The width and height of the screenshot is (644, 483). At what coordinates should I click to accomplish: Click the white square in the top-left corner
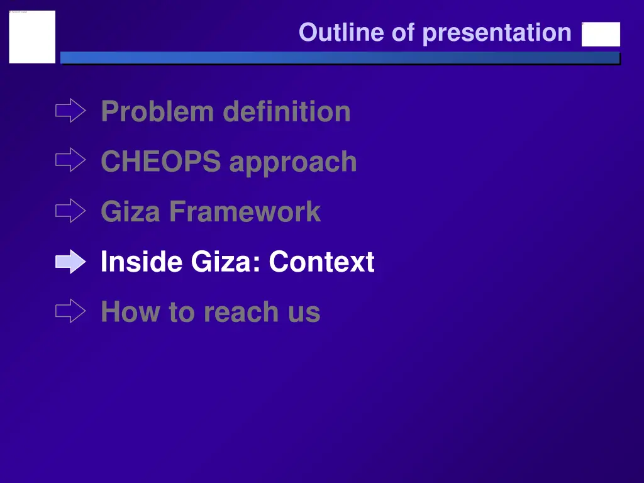32,36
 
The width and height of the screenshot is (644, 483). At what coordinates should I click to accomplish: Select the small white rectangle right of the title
601,35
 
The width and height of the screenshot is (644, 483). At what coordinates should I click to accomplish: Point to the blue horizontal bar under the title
340,58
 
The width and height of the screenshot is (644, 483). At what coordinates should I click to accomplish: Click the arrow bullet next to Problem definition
70,111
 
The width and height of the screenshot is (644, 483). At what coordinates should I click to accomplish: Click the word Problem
157,112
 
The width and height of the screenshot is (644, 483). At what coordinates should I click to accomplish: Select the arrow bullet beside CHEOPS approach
70,161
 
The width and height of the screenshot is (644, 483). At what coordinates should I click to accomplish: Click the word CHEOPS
160,162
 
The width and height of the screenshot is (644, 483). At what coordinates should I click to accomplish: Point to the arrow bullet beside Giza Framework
70,211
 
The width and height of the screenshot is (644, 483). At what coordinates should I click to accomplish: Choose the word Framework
245,211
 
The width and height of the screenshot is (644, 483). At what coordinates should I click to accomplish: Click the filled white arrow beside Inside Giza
70,262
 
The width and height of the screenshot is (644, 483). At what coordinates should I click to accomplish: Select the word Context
321,262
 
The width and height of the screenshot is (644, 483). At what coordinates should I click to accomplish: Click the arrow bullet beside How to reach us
70,311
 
